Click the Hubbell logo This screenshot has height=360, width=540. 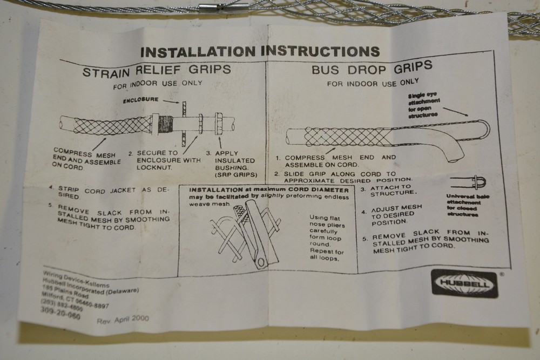[x=464, y=283]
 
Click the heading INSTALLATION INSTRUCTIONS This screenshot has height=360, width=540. [x=260, y=51]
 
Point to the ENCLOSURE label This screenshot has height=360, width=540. [x=141, y=100]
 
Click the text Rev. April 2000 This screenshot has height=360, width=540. [x=123, y=320]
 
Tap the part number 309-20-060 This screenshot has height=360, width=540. [x=60, y=313]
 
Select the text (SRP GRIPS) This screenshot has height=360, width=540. [x=237, y=175]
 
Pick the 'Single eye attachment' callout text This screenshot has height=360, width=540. [x=423, y=105]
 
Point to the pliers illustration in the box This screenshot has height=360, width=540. [x=245, y=234]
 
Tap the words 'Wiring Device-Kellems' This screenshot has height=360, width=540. [x=76, y=279]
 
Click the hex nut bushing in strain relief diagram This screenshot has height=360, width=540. [x=219, y=123]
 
